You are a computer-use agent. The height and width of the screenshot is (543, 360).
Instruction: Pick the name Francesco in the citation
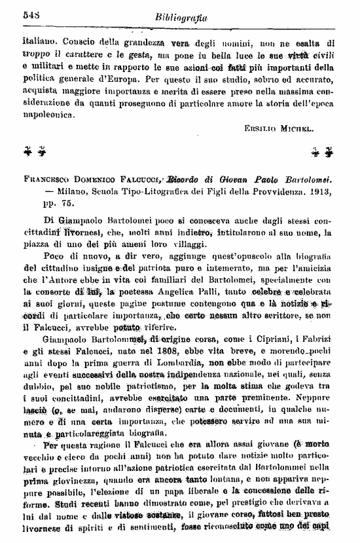[47, 179]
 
